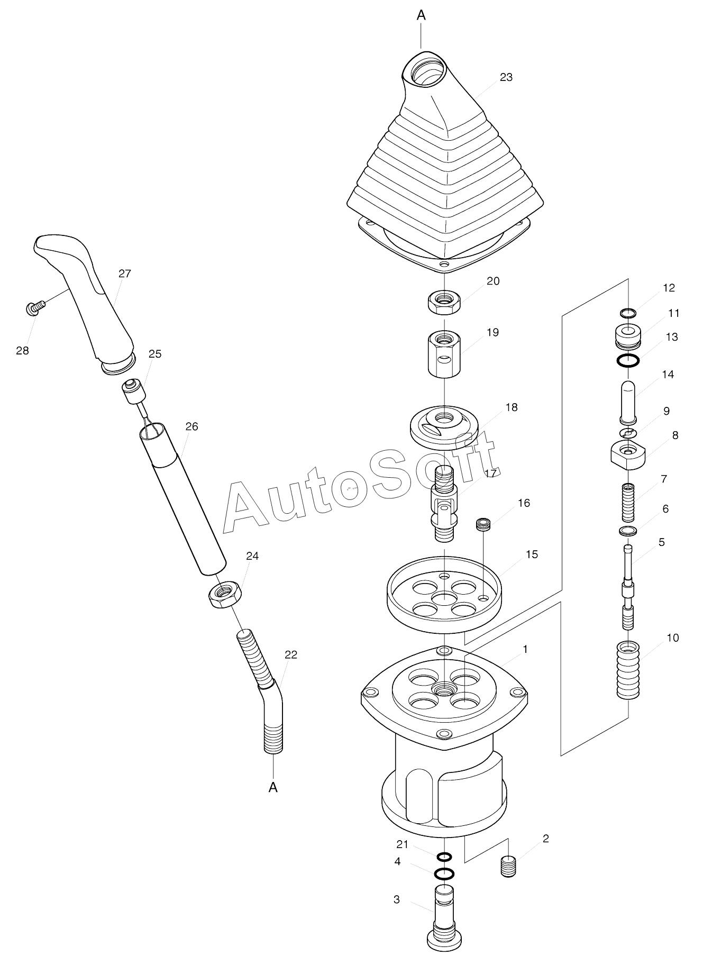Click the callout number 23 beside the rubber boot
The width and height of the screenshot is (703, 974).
(506, 77)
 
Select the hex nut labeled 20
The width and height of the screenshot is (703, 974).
(444, 303)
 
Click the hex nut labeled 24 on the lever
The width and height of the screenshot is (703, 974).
(225, 594)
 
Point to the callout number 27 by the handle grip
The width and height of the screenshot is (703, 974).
(125, 274)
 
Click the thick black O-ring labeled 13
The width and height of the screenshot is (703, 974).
(628, 361)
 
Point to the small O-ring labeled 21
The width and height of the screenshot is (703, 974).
(444, 857)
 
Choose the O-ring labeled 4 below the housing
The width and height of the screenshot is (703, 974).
(444, 873)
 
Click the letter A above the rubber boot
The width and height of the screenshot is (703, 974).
(421, 15)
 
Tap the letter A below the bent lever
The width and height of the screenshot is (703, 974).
(273, 788)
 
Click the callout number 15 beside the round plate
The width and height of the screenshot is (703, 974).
(532, 554)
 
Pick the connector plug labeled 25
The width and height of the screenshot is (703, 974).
(134, 392)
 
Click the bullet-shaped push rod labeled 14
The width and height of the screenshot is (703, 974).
(628, 402)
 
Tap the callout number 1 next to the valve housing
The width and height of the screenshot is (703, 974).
(525, 649)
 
